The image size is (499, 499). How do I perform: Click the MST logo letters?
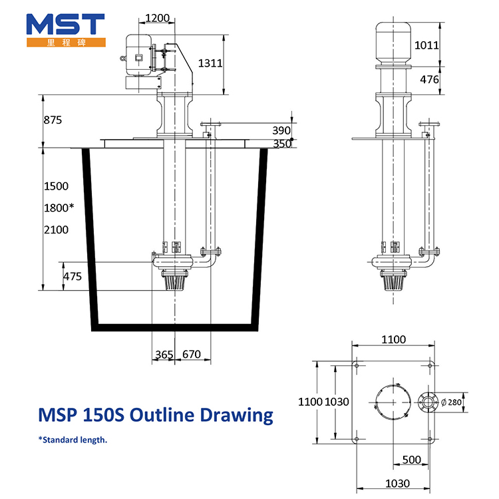point(66,24)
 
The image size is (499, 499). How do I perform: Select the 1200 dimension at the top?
point(157,18)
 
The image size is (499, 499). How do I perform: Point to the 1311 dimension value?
point(210,63)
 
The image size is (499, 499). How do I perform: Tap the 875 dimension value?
point(53,120)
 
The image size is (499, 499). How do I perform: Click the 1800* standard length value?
point(59,208)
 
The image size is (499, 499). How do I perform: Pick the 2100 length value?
point(56,230)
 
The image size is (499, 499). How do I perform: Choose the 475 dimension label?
point(73,276)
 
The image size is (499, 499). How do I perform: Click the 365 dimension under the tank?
point(164,354)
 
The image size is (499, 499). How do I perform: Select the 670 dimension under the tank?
point(192,354)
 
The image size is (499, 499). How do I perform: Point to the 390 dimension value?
point(281,130)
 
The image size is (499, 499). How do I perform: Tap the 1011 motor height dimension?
point(426,45)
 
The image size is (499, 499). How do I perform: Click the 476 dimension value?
point(429,79)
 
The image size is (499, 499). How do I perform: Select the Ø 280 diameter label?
point(451,403)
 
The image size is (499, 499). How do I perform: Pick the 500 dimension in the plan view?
point(411,460)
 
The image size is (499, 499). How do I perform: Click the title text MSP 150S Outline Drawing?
point(156,415)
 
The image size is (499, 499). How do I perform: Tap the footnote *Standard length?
point(73,440)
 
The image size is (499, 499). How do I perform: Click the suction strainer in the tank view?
point(175,279)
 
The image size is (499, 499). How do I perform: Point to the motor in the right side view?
point(393,44)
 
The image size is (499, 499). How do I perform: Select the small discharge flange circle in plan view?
point(427,403)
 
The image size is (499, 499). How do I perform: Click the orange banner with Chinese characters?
point(66,43)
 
